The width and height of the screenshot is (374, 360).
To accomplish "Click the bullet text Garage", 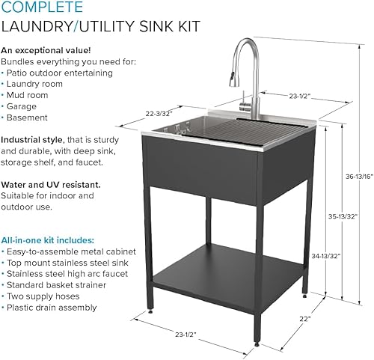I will click(x=23, y=106).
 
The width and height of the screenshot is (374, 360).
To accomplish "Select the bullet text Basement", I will click(x=28, y=118).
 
